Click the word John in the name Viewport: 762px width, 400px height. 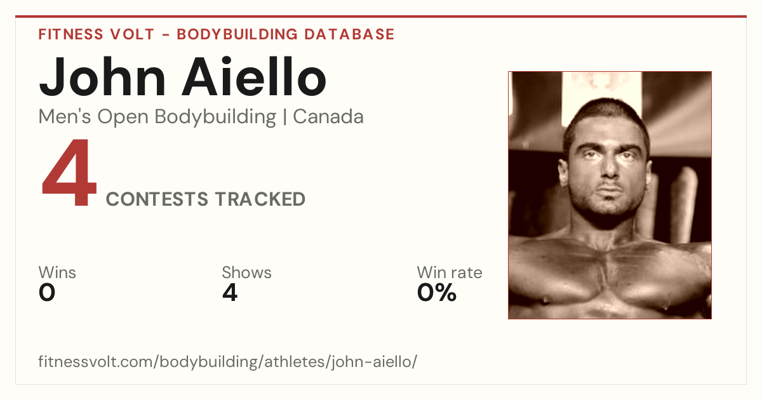(102, 77)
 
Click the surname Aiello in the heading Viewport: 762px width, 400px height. (255, 76)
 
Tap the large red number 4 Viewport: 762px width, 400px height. (69, 172)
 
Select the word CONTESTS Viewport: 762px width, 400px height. (157, 199)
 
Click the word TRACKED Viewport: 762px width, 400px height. (260, 199)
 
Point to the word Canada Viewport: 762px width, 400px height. (328, 117)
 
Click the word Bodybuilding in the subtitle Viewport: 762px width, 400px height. (215, 117)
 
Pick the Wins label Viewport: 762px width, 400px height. (57, 272)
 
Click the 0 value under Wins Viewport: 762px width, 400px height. (47, 293)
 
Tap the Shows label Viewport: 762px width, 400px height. (246, 272)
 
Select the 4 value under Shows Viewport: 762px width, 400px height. (230, 293)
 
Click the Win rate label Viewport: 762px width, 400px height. (450, 272)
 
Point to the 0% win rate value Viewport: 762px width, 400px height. (437, 293)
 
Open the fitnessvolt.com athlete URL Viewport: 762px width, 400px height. (227, 361)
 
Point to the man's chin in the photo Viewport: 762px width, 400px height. (609, 208)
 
